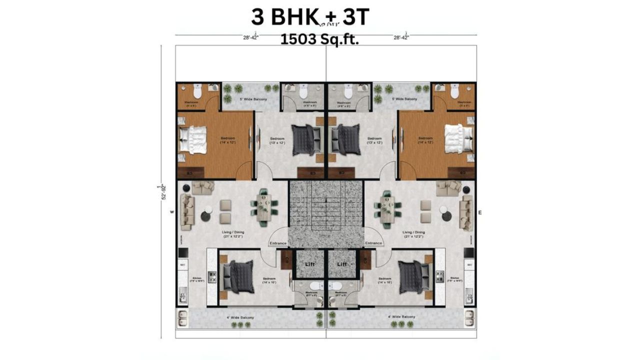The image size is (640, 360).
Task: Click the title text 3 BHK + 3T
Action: coord(310,17)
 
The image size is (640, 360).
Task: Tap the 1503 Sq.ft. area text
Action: coord(319,40)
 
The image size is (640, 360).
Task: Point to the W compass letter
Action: coord(171,212)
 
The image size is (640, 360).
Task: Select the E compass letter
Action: coord(480,212)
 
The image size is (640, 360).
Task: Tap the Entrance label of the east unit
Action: coord(373,243)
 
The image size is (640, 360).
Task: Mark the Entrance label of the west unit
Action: coord(278,243)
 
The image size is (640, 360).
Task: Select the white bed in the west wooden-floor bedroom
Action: coord(193,139)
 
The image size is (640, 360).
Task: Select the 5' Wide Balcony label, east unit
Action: coord(404,99)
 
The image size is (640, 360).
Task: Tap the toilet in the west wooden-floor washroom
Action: coord(198,92)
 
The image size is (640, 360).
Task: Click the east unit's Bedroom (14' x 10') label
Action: coord(385,280)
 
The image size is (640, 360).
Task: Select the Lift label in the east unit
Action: coord(342,264)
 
